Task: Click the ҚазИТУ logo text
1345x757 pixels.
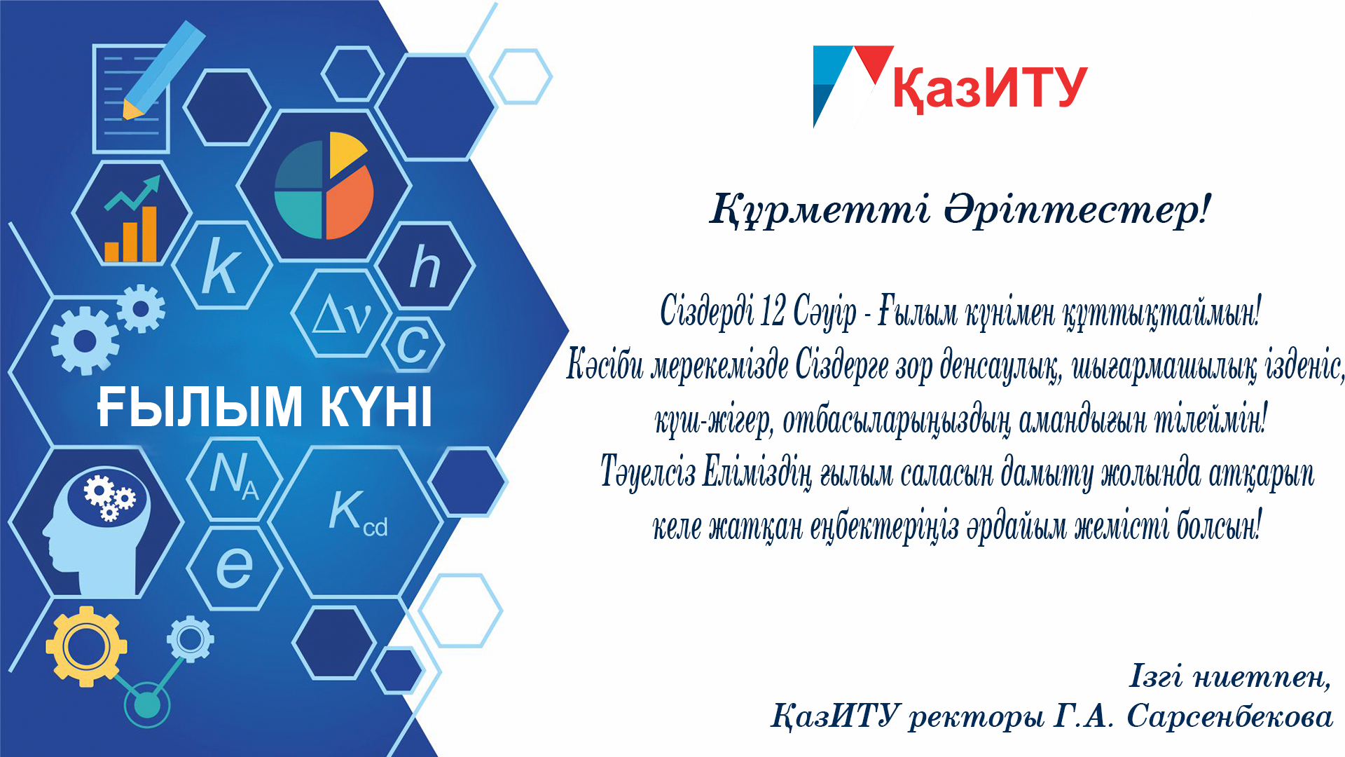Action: (990, 89)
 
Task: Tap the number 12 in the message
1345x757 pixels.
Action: (772, 311)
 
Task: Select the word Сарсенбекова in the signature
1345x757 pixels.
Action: (1229, 716)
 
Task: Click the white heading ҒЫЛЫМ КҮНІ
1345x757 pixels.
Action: (265, 407)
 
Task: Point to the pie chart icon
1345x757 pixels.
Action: (324, 185)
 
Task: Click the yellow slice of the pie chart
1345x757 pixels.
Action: (347, 154)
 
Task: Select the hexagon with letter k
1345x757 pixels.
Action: (221, 266)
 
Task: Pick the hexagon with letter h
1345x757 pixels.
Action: (425, 266)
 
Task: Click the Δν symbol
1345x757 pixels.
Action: (341, 315)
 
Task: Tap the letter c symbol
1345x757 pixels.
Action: (413, 345)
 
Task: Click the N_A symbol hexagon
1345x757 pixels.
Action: (234, 477)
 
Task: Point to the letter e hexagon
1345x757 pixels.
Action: (234, 567)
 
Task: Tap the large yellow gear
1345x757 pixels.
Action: (86, 646)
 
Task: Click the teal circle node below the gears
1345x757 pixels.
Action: (147, 705)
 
